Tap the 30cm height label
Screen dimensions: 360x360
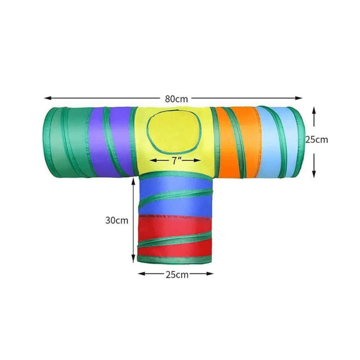117,220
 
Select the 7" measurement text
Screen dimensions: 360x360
175,161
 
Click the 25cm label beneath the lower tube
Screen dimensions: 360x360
177,275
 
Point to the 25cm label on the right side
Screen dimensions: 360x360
316,140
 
